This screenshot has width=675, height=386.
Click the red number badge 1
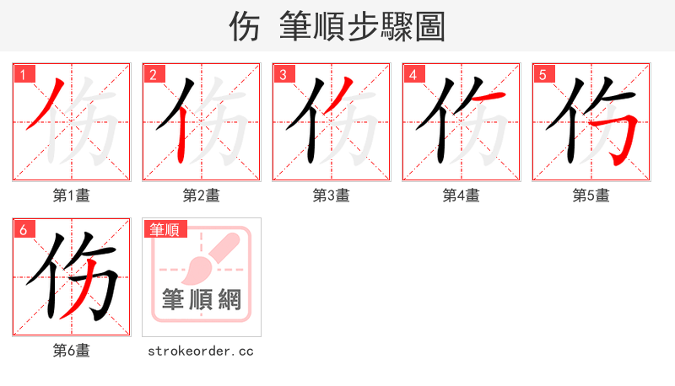[x=23, y=74]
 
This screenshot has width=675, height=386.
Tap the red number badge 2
[x=153, y=74]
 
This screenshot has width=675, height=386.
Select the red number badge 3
[x=283, y=74]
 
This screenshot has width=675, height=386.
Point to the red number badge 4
[x=413, y=74]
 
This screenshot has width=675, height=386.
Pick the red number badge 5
[x=543, y=74]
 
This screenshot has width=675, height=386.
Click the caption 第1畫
[x=72, y=196]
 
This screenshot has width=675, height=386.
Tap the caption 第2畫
[x=202, y=196]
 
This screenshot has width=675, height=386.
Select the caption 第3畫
[x=332, y=196]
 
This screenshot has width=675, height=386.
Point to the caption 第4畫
[x=462, y=196]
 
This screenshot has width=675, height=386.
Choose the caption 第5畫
[x=591, y=196]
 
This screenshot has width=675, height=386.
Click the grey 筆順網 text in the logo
[x=202, y=300]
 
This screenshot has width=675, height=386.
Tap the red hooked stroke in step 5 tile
[x=623, y=126]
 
